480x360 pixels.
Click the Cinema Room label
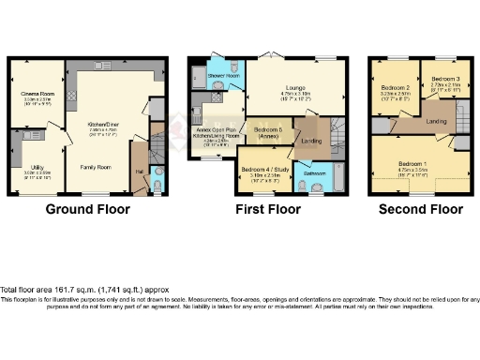point(37,93)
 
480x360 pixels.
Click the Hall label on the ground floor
point(139,172)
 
